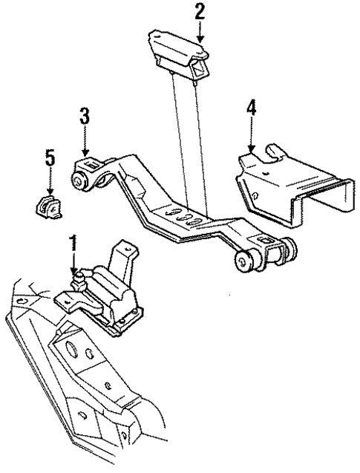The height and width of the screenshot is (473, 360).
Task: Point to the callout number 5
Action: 50,157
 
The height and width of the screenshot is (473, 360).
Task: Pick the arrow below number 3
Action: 85,142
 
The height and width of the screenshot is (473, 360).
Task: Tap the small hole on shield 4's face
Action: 254,196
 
